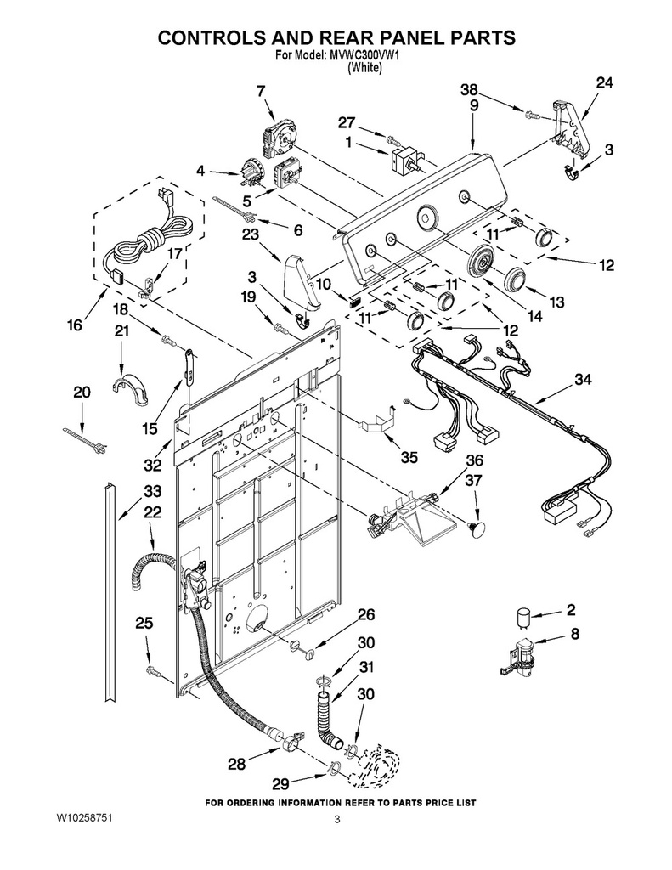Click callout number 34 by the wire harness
[x=583, y=380]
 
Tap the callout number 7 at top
[x=262, y=91]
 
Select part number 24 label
[x=605, y=83]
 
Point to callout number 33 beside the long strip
[x=152, y=492]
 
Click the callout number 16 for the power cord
[x=75, y=325]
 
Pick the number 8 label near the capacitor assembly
[x=574, y=633]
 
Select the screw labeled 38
[x=530, y=116]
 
